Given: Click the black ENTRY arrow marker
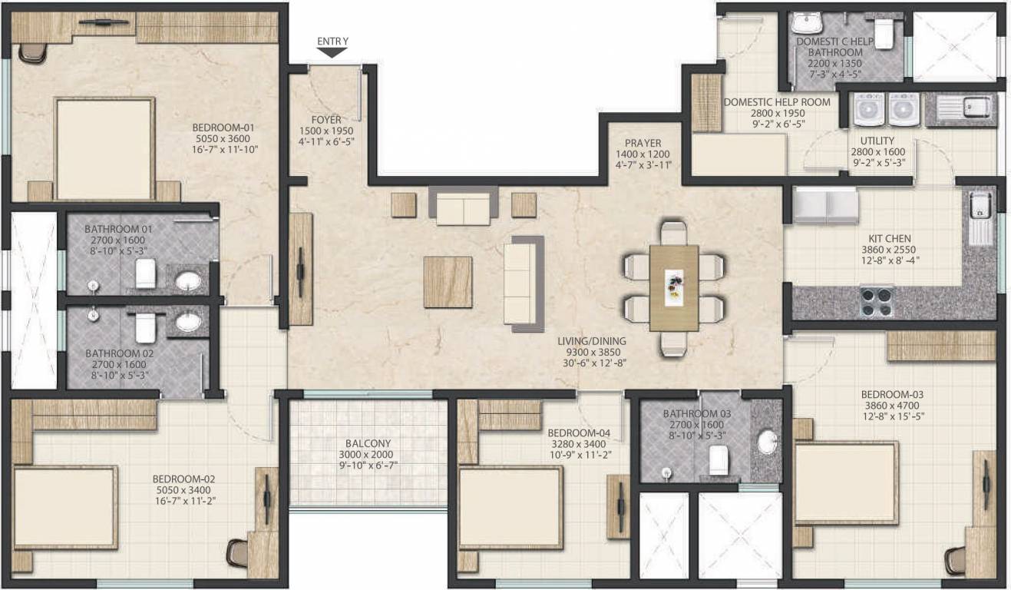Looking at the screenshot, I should coord(332,53).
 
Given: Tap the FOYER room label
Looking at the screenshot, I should coord(326,120).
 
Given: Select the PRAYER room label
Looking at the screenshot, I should coord(643,143).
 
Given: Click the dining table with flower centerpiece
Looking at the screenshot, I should coord(673,287).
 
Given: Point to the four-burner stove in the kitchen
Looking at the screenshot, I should coord(876,300).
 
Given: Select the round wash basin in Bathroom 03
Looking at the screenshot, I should coord(767,442).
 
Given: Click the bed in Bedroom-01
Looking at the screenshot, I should coord(105,148).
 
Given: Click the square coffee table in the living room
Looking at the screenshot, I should coord(448,282).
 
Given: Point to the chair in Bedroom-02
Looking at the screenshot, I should coord(237,552).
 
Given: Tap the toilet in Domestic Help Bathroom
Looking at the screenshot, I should coord(884,34).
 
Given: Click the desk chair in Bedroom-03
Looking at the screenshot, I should coord(956,560).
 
